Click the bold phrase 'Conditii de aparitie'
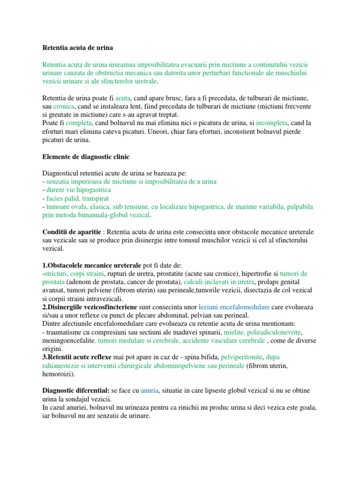tap(71, 232)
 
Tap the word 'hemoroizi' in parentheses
tap(57, 375)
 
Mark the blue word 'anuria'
tap(150, 391)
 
